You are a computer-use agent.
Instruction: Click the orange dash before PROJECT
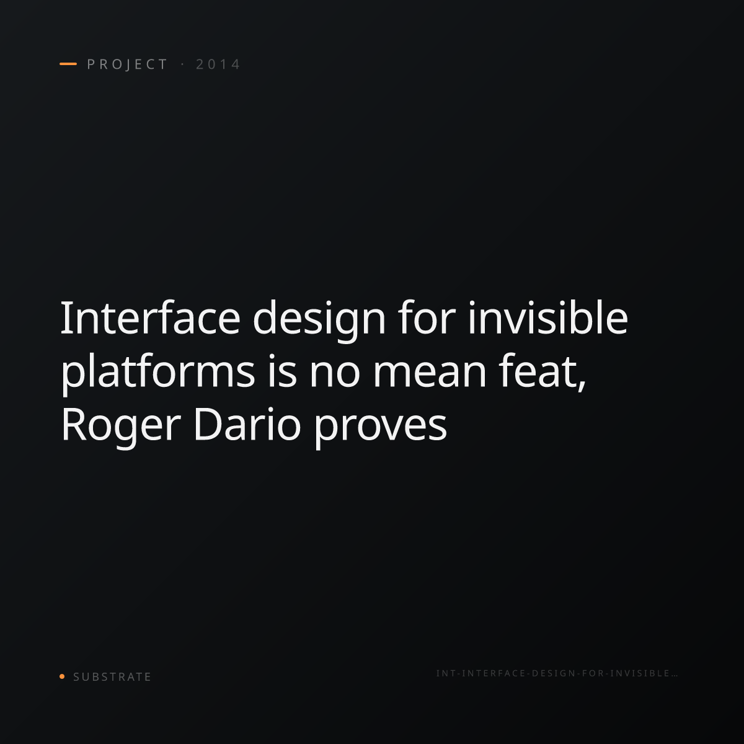click(x=68, y=64)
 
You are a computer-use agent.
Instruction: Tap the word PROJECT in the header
click(x=127, y=64)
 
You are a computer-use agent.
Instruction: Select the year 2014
click(x=218, y=64)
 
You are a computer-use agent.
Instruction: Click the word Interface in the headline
click(x=151, y=317)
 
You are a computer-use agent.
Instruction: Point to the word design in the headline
click(x=319, y=321)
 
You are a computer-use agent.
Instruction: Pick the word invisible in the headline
click(x=548, y=317)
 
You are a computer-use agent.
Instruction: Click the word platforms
click(x=158, y=373)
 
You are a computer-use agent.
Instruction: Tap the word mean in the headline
click(x=429, y=375)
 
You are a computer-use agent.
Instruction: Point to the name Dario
click(x=247, y=424)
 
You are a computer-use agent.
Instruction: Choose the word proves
click(x=380, y=428)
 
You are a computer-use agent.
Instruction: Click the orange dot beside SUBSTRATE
click(x=62, y=676)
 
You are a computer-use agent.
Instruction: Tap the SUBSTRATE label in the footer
click(x=112, y=677)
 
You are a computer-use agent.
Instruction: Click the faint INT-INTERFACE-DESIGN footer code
click(x=557, y=673)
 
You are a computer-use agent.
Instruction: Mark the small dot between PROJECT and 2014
click(x=182, y=64)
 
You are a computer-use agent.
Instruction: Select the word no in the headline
click(x=334, y=375)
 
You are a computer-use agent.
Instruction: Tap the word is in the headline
click(x=282, y=371)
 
